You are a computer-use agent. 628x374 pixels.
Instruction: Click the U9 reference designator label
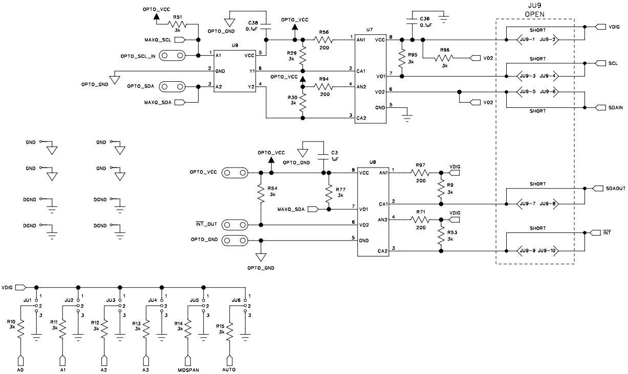tap(234, 45)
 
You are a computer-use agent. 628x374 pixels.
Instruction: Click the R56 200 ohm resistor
tap(323, 39)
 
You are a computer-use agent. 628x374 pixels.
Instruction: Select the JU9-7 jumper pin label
tap(527, 204)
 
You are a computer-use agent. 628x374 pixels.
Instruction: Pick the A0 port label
tap(21, 369)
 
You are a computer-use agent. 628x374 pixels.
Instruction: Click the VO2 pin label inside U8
tap(364, 224)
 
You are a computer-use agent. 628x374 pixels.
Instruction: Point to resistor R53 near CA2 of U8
tap(440, 236)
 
